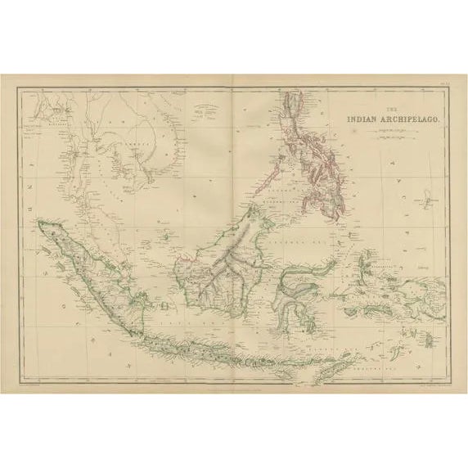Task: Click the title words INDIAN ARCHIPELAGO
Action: click(394, 119)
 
